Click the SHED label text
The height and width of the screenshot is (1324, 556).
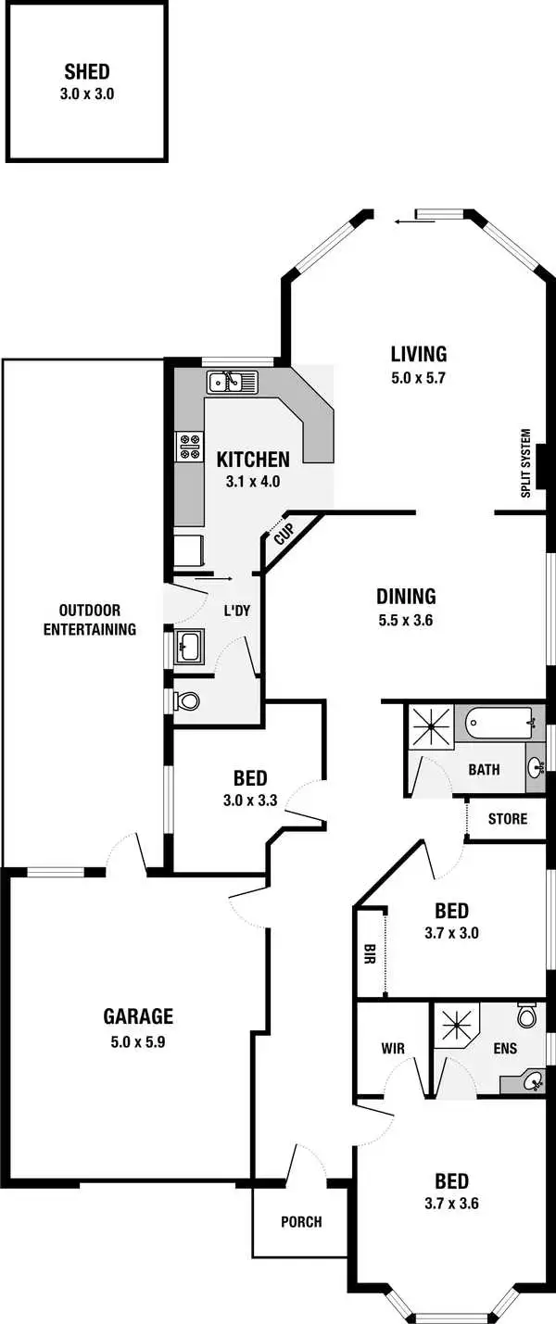[x=88, y=72]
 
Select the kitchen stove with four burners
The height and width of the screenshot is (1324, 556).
[x=190, y=447]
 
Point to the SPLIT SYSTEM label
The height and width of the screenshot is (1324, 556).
[x=526, y=462]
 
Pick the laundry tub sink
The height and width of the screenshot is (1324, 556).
[x=189, y=646]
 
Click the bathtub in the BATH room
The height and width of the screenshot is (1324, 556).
[x=501, y=723]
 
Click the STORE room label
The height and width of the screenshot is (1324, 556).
[x=507, y=819]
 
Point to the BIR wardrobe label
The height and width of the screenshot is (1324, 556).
[x=369, y=954]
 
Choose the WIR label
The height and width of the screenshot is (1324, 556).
[x=393, y=1049]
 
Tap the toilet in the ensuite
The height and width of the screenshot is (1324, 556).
[x=527, y=1016]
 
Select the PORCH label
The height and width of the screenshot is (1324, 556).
[x=301, y=1222]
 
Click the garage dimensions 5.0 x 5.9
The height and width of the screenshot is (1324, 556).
[x=138, y=1040]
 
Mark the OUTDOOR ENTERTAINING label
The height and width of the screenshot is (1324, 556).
[x=97, y=620]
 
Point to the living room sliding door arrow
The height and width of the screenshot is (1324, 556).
[x=403, y=221]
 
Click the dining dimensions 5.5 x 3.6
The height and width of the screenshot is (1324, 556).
[x=406, y=621]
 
